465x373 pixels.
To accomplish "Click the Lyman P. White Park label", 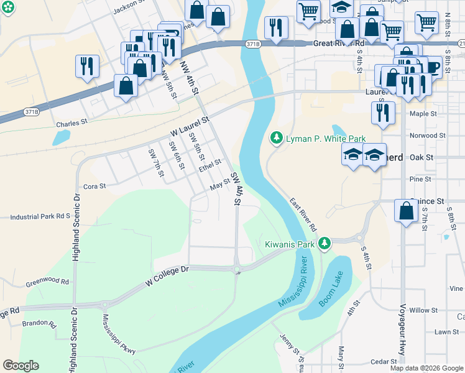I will (325, 139).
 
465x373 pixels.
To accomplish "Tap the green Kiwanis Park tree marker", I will (324, 244).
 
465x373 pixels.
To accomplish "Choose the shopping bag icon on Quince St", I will (406, 212).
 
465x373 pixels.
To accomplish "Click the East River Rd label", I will (303, 215).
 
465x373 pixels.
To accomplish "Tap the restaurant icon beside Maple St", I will (383, 113).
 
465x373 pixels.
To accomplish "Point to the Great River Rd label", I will (339, 44).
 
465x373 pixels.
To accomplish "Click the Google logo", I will (21, 366).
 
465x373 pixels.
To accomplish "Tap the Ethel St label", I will (210, 167).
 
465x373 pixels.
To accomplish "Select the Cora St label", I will (94, 186).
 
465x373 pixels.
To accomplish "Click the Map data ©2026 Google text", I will (426, 368).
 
